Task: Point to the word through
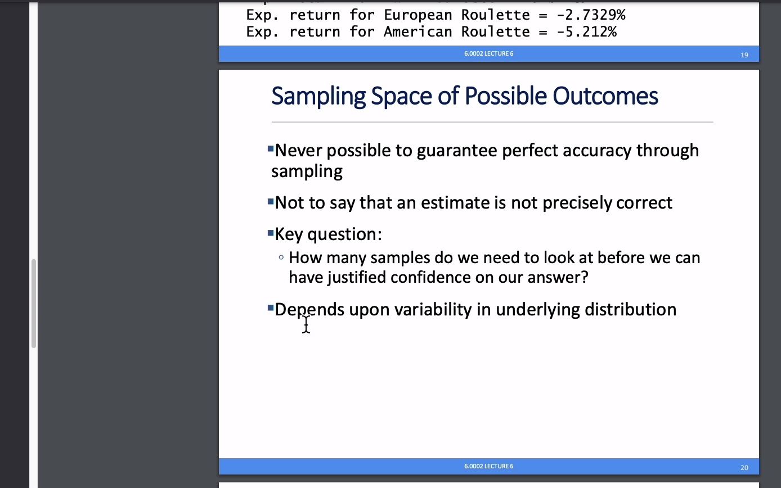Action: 667,151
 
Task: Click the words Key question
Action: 328,234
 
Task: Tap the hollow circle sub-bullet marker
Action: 281,257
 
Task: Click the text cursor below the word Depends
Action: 306,324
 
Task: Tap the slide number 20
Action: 744,467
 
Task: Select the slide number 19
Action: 744,55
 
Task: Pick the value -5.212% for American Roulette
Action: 586,32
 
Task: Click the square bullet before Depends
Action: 271,308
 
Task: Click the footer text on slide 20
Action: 488,466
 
